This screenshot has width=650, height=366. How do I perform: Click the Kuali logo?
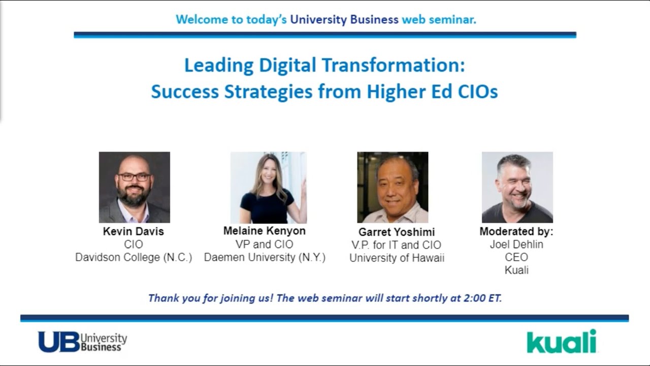[561, 341]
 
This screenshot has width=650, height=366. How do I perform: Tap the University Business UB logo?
[82, 342]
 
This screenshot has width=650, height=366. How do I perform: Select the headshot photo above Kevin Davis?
[134, 187]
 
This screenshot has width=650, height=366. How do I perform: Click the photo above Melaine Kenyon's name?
[268, 187]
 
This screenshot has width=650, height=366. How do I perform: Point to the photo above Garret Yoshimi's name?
[393, 187]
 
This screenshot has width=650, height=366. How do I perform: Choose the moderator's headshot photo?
[517, 187]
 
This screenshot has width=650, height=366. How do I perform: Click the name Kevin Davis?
[134, 232]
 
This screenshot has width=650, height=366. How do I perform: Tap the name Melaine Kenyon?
[265, 231]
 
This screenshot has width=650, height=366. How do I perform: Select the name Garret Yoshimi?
[397, 232]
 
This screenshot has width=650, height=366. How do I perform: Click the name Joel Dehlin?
[516, 245]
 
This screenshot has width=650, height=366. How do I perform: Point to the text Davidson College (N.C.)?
[134, 257]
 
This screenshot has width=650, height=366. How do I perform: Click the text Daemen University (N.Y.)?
[265, 257]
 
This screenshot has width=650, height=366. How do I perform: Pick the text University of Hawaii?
[397, 258]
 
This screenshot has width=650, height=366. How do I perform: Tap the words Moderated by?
[516, 232]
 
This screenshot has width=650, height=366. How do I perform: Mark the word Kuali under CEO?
[516, 270]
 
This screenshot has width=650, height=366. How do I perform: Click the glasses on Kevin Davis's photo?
[134, 177]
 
